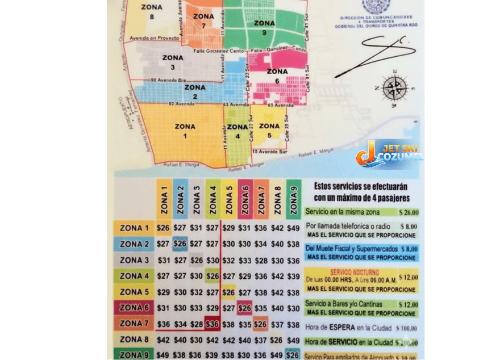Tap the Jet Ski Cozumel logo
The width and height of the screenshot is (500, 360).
pyautogui.click(x=390, y=153)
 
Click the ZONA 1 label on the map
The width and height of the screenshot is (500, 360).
pyautogui.click(x=185, y=131)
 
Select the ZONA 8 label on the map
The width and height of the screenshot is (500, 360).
pyautogui.click(x=152, y=12)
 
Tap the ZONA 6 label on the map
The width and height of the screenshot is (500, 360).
pyautogui.click(x=277, y=76)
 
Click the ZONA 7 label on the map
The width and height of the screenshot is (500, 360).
pyautogui.click(x=203, y=20)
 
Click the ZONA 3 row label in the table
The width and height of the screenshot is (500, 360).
pyautogui.click(x=134, y=260)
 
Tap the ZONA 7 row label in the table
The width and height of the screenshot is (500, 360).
pyautogui.click(x=134, y=324)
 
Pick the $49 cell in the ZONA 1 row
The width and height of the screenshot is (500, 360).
pyautogui.click(x=293, y=228)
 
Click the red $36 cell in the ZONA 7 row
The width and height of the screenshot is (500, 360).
pyautogui.click(x=213, y=324)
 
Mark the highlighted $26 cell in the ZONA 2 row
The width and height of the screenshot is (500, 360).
pyautogui.click(x=180, y=244)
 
